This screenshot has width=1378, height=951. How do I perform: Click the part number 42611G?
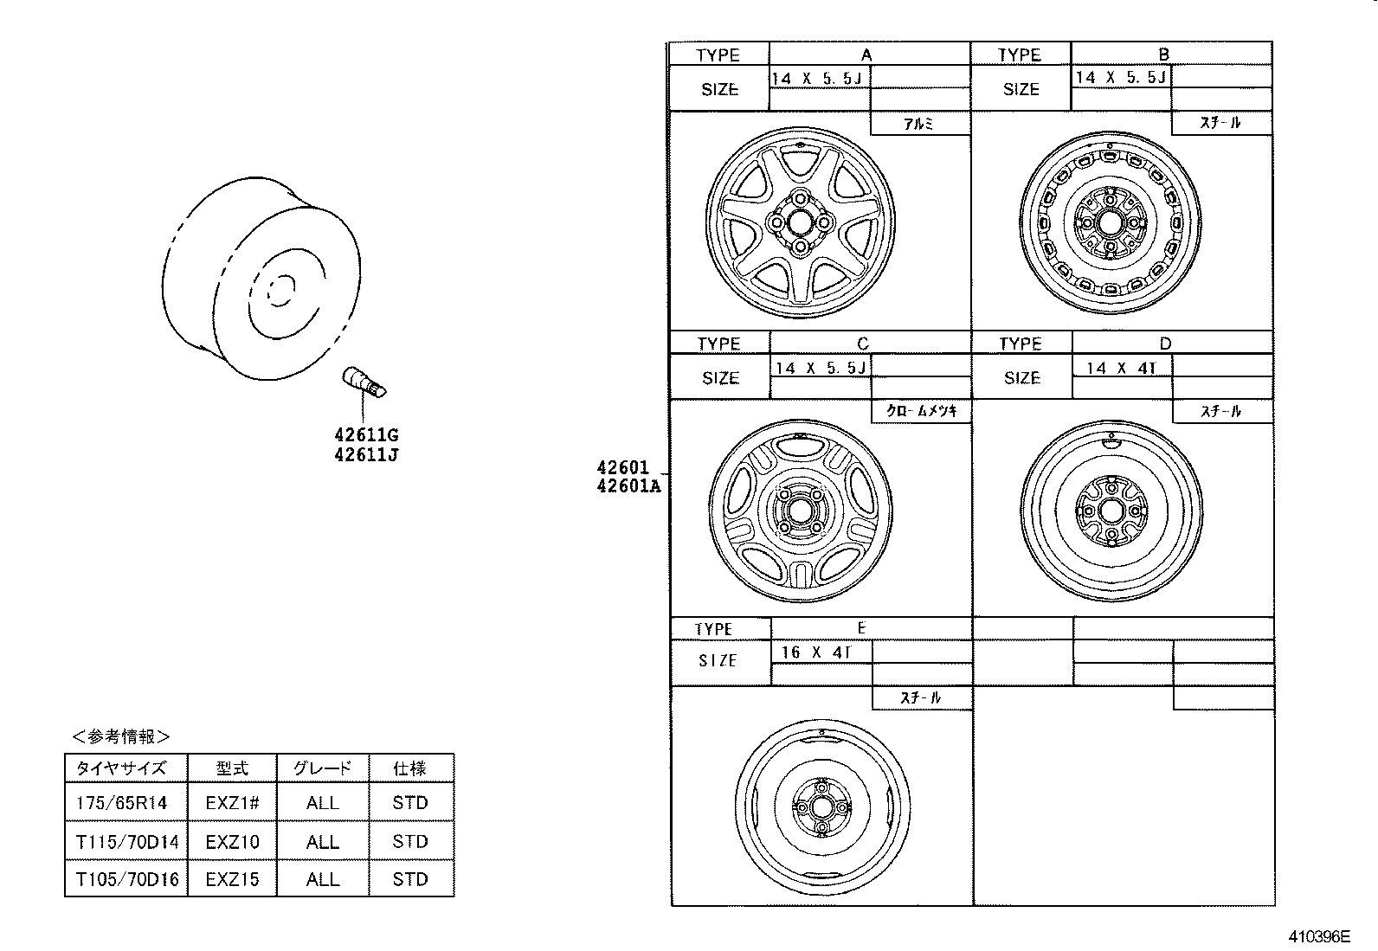click(x=366, y=435)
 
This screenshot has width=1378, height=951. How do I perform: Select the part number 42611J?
click(x=366, y=455)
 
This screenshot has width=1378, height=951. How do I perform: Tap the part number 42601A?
click(x=628, y=486)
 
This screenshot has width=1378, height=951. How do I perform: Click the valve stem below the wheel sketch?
click(x=364, y=382)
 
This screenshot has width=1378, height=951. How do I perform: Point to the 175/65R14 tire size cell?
click(x=121, y=803)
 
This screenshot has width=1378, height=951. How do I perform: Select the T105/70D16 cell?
click(x=126, y=879)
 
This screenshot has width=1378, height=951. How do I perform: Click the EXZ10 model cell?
click(x=231, y=841)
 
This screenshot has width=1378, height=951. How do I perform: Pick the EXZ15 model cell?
click(x=231, y=879)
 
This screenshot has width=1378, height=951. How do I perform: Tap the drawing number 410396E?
click(x=1319, y=936)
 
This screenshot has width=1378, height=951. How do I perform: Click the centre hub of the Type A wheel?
click(x=800, y=222)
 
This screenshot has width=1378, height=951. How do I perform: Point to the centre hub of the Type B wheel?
click(x=1109, y=222)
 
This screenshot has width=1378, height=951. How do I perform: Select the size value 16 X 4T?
click(x=816, y=652)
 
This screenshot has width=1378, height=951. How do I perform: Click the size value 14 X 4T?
click(x=1120, y=368)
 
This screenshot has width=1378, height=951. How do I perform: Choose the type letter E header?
click(x=861, y=627)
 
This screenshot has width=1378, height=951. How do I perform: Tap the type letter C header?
click(x=862, y=344)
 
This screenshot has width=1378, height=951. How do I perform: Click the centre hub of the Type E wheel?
click(x=818, y=806)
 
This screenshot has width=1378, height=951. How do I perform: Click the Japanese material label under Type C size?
click(x=921, y=412)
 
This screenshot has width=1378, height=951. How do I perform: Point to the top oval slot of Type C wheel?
click(x=800, y=447)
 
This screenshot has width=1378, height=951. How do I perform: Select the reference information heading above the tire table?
click(x=120, y=736)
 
